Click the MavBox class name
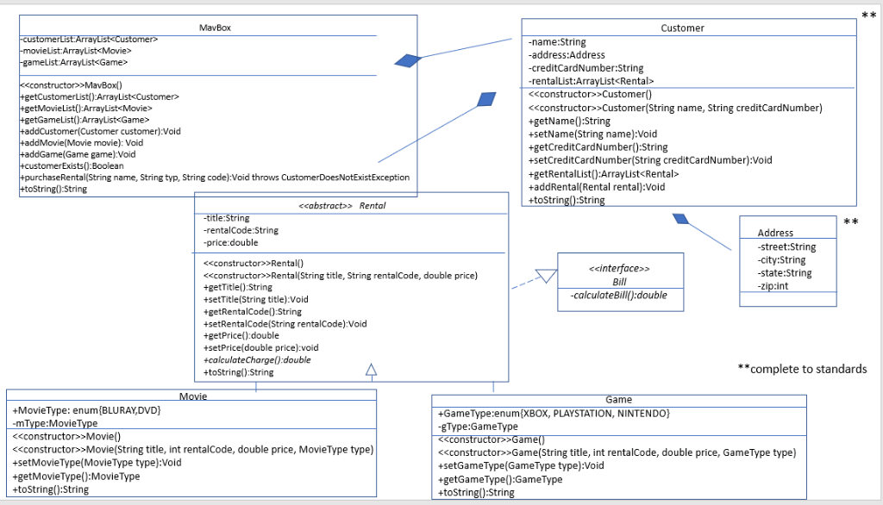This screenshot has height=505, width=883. tap(215, 28)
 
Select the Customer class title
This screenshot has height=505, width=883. tap(682, 28)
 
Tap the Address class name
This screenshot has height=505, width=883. tap(775, 233)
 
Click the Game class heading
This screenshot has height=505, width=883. tap(618, 400)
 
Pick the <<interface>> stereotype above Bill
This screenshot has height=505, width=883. tap(619, 268)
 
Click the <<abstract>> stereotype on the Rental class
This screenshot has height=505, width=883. tap(320, 205)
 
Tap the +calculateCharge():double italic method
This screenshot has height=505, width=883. tap(257, 360)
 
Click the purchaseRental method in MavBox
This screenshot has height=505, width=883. tap(214, 178)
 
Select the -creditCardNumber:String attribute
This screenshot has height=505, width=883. tap(586, 68)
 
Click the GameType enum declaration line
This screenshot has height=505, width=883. tap(554, 414)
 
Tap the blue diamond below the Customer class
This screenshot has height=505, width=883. tap(682, 219)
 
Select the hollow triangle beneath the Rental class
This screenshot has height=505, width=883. tap(372, 371)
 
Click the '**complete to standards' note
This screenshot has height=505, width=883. tap(802, 369)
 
